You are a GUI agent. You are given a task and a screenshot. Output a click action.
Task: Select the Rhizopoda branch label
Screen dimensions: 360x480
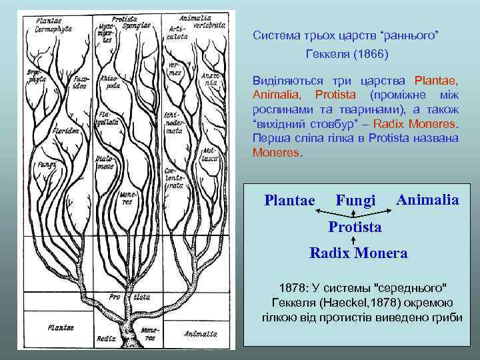[x=109, y=82]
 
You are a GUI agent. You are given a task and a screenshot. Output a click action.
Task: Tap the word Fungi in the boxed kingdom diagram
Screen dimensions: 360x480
[x=356, y=200]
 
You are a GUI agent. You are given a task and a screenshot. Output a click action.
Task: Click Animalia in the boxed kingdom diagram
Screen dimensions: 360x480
[x=427, y=199]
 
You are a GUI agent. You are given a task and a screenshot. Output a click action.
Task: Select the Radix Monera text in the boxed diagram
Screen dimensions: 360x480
[x=359, y=253]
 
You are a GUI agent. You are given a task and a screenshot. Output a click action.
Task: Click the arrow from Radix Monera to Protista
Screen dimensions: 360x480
[x=353, y=241]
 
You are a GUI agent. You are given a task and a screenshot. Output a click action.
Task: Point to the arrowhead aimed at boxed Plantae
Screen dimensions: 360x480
[x=317, y=211]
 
